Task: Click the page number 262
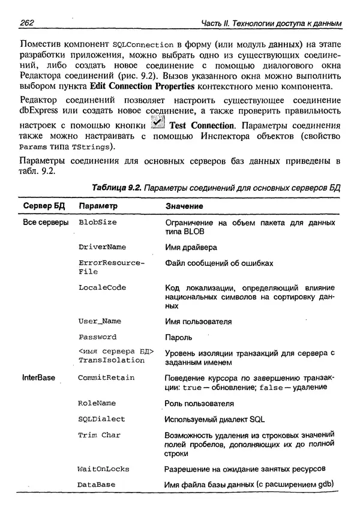point(28,23)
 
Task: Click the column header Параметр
point(97,206)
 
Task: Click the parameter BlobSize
point(97,223)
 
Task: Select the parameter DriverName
point(102,247)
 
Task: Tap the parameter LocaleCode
point(102,287)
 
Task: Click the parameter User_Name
point(100,321)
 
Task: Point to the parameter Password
point(97,337)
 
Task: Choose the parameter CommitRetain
point(106,378)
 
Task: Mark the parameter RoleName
point(97,403)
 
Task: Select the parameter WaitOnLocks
point(103,468)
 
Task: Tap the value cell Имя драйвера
point(191,247)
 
